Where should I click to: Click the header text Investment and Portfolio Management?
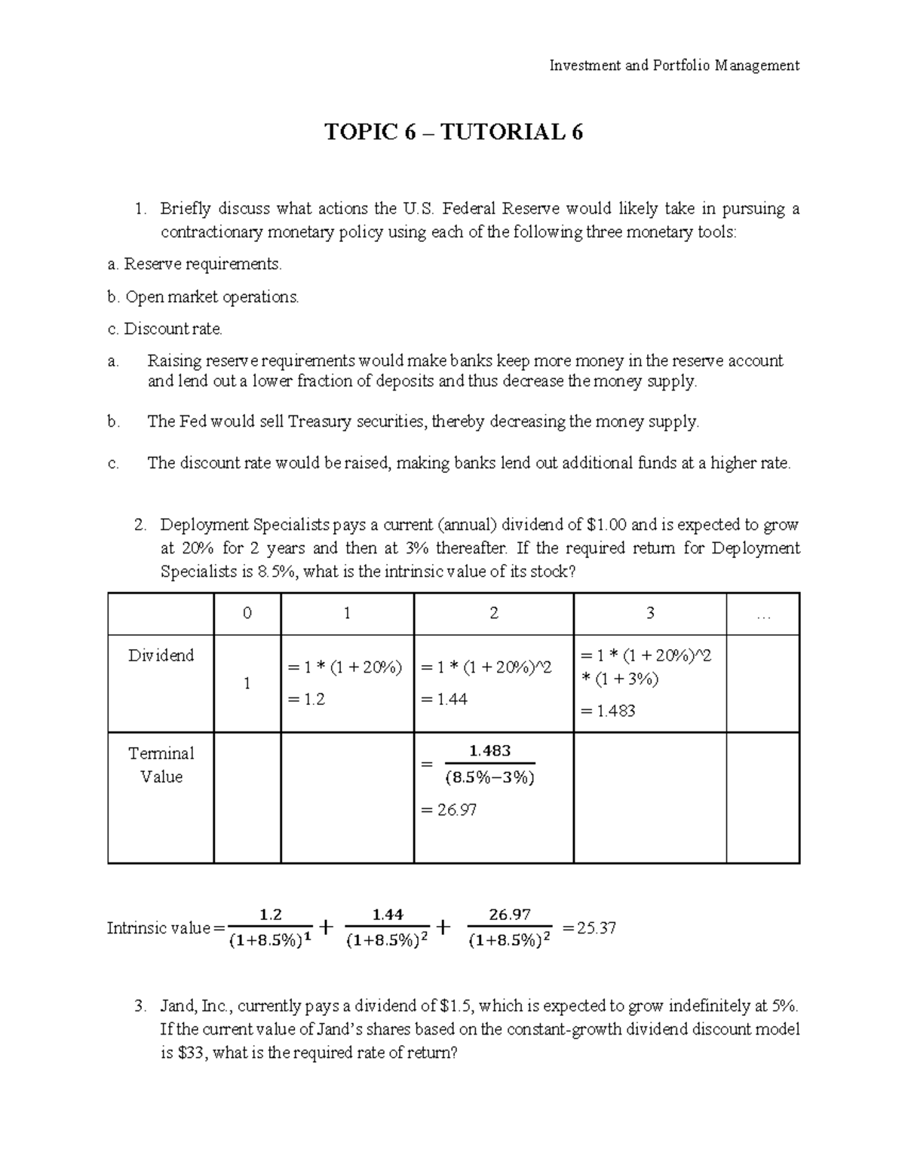pos(674,66)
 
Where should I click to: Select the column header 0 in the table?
pos(247,614)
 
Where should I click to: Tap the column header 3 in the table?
pos(649,614)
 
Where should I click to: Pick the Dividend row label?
pos(161,655)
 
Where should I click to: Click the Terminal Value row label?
pos(161,765)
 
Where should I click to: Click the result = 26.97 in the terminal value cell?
pos(448,810)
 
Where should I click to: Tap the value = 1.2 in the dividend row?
pos(306,699)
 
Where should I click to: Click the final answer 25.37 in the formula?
pos(596,928)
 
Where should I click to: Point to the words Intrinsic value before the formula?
pos(158,928)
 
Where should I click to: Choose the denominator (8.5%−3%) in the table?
pos(489,777)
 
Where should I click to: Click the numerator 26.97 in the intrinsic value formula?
pos(510,915)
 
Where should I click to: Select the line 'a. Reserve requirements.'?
pos(195,264)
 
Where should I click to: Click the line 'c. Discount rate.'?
pos(166,329)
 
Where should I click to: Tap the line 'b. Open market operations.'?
pos(203,297)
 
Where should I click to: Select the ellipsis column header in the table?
pos(762,614)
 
